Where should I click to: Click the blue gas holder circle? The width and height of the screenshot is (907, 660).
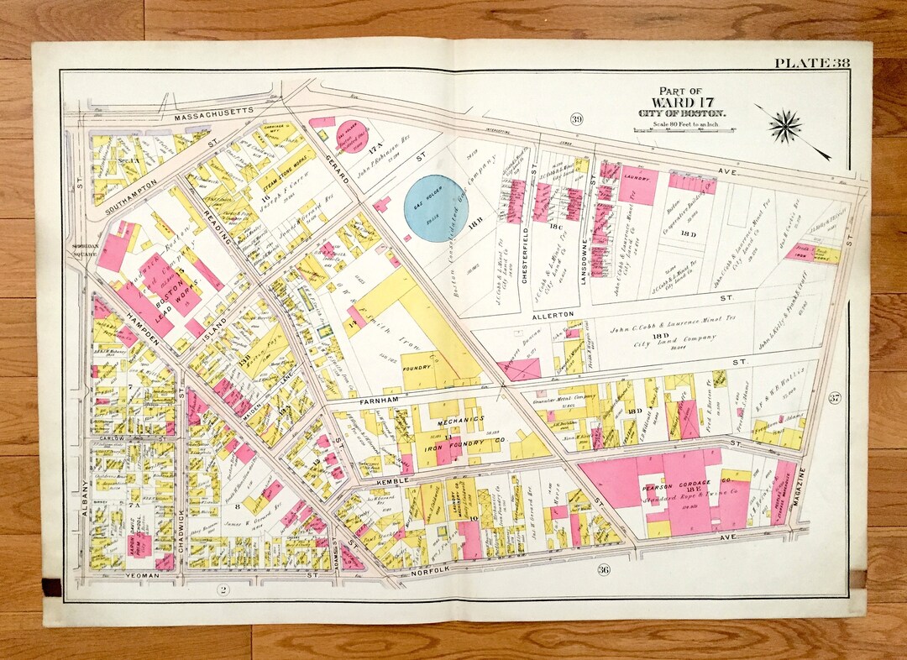coord(435,208)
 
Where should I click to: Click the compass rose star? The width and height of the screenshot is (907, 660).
coord(785,126)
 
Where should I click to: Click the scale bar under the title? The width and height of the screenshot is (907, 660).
coord(680,130)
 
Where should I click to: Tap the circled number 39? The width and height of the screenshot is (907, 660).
coord(575,118)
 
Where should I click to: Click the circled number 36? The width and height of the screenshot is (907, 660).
coord(603,570)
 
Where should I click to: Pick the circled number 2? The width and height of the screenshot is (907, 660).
coord(223,589)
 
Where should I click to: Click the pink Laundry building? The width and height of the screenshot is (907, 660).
coord(639,185)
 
